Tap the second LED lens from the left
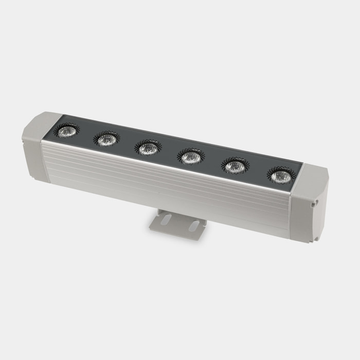click(107, 138)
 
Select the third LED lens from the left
click(148, 148)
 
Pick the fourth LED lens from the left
click(191, 157)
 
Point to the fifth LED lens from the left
click(235, 166)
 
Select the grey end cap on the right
click(309, 206)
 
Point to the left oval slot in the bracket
click(166, 220)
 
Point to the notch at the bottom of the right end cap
click(312, 238)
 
